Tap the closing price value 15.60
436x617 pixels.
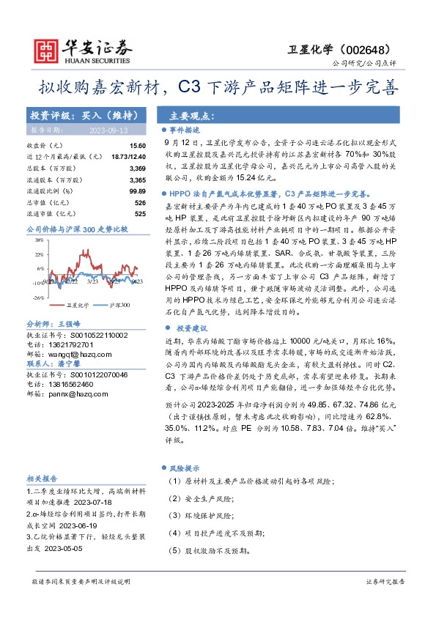(138, 147)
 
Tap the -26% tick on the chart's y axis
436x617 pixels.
(37, 298)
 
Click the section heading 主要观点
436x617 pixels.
(192, 116)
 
